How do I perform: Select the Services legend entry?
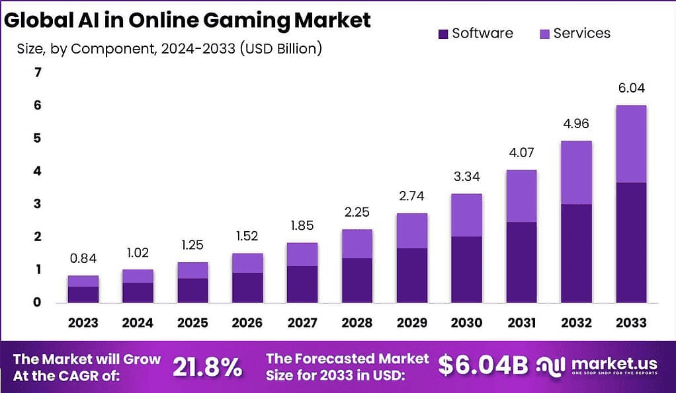point(581,33)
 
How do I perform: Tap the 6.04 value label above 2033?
point(630,89)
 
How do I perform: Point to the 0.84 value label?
point(83,259)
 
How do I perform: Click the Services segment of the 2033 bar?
point(630,144)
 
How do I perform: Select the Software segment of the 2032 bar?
point(576,253)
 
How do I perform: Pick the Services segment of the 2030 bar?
point(467,215)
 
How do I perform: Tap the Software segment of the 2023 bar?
point(83,294)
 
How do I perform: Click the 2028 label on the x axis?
point(357,323)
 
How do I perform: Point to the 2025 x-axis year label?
point(192,323)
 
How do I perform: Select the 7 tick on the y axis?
point(37,73)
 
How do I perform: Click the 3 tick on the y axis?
point(37,204)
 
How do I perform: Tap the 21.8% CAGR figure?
point(207,368)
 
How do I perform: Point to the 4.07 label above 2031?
point(521,153)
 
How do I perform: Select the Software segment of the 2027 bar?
point(302,284)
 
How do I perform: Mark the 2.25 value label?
point(357,213)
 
